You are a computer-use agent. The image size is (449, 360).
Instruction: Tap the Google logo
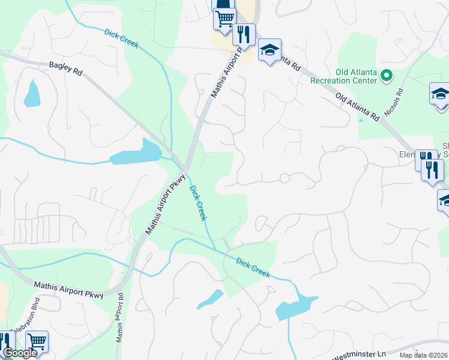click(x=19, y=353)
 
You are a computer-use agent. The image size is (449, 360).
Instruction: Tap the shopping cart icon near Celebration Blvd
click(x=37, y=342)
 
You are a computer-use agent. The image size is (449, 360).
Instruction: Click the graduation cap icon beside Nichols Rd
click(x=440, y=94)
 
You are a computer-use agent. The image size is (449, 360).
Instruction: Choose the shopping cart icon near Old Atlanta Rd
click(x=224, y=18)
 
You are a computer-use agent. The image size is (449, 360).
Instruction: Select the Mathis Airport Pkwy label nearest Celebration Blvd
click(x=68, y=290)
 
